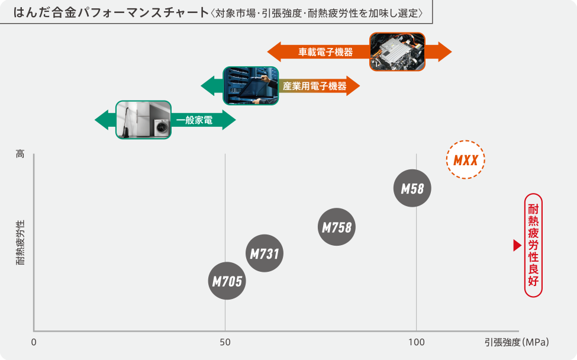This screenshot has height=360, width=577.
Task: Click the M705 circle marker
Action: pos(227,281)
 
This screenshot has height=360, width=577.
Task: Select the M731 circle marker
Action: pos(264,253)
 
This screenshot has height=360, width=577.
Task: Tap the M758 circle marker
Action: pos(337,227)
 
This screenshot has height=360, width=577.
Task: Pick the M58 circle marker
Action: pos(412,188)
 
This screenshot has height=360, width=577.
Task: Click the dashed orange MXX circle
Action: pos(465,160)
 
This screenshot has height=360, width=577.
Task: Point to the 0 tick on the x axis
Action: pos(34,342)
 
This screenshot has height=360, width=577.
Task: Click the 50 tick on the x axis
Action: pos(225,342)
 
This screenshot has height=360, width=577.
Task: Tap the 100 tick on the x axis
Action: pos(416,342)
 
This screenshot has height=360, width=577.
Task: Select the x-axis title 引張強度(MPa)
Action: pos(517,342)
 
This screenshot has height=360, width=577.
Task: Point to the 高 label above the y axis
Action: pos(21,154)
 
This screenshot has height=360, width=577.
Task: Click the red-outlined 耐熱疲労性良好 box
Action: pos(533,245)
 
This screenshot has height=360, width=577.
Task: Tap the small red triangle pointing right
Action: pos(516,245)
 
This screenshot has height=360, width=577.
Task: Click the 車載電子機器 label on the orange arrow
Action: pos(325,52)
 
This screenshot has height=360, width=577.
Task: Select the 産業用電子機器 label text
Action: pos(314,86)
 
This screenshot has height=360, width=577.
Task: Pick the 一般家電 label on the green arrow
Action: pos(195,120)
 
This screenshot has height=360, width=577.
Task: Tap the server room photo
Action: pos(250,86)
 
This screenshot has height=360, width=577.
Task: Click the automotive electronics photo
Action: pos(397,52)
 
